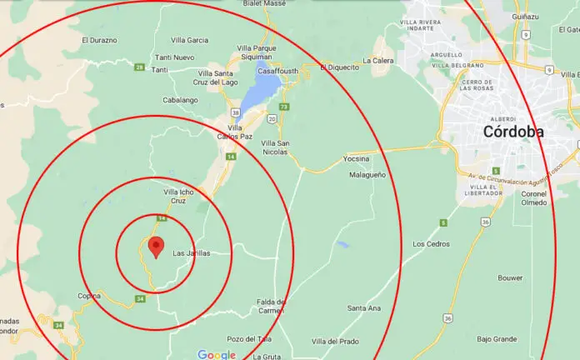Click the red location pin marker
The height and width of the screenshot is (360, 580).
(x=154, y=247)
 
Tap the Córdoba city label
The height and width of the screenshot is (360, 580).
(x=512, y=132)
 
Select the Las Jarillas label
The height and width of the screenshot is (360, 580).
(x=191, y=253)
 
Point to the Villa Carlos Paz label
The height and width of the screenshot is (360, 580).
(x=236, y=132)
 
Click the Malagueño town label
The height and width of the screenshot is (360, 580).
(x=367, y=175)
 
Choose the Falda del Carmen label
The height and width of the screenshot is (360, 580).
(x=271, y=306)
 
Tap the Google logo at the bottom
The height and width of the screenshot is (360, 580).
(x=217, y=354)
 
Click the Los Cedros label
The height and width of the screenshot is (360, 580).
(x=431, y=244)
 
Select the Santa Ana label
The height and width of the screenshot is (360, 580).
(x=363, y=308)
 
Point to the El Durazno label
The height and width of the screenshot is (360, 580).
(x=99, y=39)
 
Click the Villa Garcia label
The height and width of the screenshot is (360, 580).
(x=189, y=39)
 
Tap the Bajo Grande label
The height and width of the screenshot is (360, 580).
(x=496, y=339)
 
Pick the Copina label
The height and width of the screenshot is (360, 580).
(x=89, y=296)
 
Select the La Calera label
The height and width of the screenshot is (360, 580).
(x=378, y=61)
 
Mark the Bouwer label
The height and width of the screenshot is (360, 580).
(x=510, y=277)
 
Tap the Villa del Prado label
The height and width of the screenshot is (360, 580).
(x=335, y=342)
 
